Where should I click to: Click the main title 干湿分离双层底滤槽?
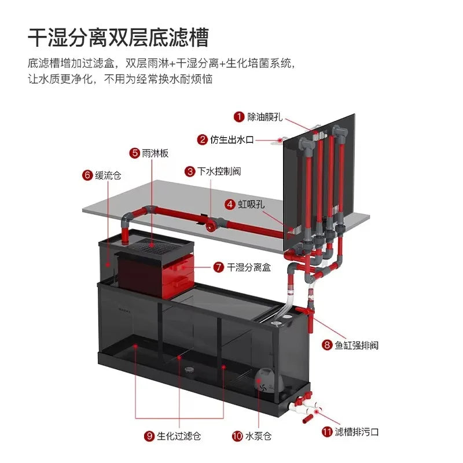(x=119, y=38)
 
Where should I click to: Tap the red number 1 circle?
(x=239, y=117)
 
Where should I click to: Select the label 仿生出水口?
(x=232, y=139)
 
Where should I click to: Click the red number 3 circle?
(x=190, y=171)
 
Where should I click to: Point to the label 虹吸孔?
(x=251, y=204)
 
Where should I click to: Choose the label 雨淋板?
(x=155, y=153)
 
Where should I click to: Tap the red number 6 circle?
(x=87, y=175)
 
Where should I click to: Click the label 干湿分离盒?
(x=249, y=267)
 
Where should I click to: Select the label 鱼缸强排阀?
(x=357, y=345)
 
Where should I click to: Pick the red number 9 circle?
(x=149, y=436)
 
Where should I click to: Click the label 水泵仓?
(x=258, y=436)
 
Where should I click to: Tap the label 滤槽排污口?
(x=357, y=432)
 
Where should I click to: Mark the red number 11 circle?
(x=327, y=432)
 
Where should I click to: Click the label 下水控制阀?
(x=219, y=171)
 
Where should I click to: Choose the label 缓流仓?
(x=108, y=175)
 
